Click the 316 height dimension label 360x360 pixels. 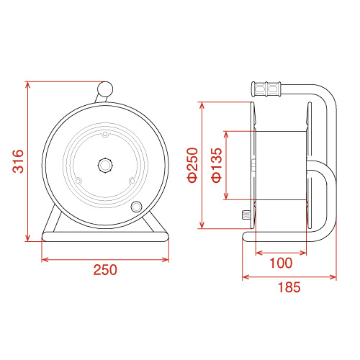click(18, 161)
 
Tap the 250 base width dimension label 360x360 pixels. click(105, 270)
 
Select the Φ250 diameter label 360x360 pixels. click(193, 165)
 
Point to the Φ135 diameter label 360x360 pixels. click(217, 165)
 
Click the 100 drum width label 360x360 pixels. click(281, 263)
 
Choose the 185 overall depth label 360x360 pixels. click(289, 287)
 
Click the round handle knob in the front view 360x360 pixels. click(105, 89)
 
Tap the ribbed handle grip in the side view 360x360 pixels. click(266, 89)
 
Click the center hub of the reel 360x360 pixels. click(105, 165)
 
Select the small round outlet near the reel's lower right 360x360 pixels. click(136, 207)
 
